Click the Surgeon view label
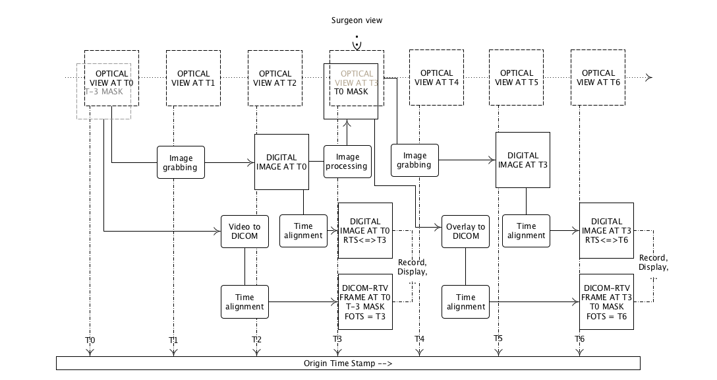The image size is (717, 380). pyautogui.click(x=356, y=20)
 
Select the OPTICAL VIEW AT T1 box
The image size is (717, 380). pyautogui.click(x=193, y=78)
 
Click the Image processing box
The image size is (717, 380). pyautogui.click(x=347, y=162)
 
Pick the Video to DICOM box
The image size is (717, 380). pyautogui.click(x=244, y=231)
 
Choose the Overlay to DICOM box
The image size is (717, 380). pyautogui.click(x=466, y=231)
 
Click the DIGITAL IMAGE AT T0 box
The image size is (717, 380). pyautogui.click(x=282, y=162)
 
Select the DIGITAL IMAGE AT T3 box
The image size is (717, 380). pyautogui.click(x=523, y=160)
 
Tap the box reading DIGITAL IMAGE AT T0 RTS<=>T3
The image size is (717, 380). pyautogui.click(x=365, y=230)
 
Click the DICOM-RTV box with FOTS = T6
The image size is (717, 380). pyautogui.click(x=606, y=302)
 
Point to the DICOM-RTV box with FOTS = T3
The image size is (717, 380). pyautogui.click(x=365, y=302)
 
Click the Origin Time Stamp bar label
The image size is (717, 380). pyautogui.click(x=348, y=364)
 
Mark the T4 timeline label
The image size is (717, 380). pyautogui.click(x=419, y=339)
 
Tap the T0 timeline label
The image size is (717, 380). pyautogui.click(x=90, y=340)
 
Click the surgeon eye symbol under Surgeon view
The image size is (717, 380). pyautogui.click(x=357, y=44)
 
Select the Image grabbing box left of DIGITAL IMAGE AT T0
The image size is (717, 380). pyautogui.click(x=181, y=162)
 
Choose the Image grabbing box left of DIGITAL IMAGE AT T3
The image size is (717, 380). pyautogui.click(x=416, y=160)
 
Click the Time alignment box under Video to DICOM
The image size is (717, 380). pyautogui.click(x=244, y=302)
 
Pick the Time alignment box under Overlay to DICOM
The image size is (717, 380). pyautogui.click(x=466, y=302)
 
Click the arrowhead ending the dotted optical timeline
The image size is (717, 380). pyautogui.click(x=649, y=78)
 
